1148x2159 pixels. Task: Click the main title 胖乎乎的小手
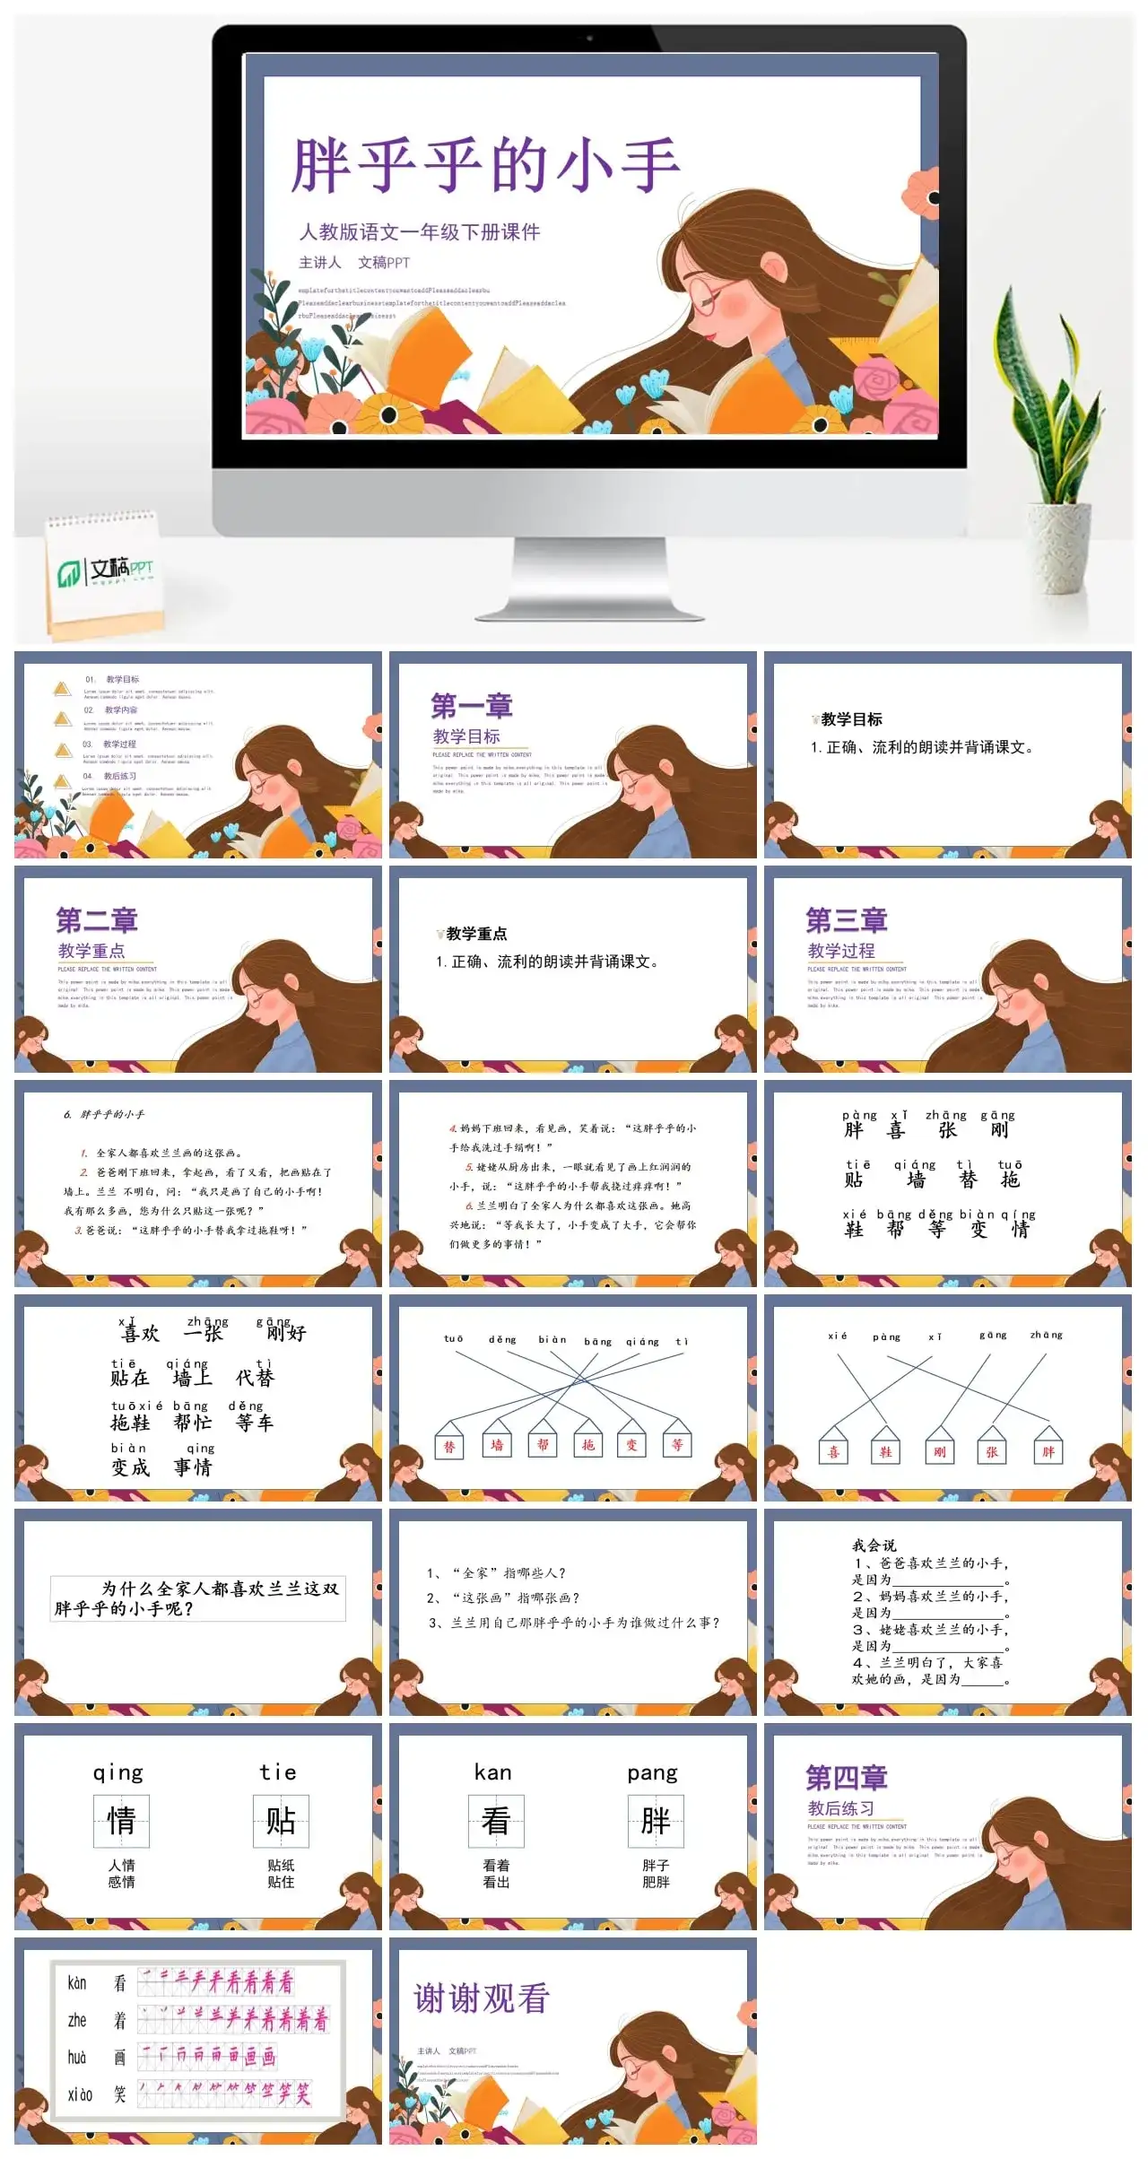point(485,166)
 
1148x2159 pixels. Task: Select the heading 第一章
point(472,706)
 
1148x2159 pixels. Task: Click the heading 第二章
point(97,920)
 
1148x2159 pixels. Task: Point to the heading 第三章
point(847,920)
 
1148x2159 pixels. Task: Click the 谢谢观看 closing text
point(481,1997)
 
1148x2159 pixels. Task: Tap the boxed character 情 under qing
point(121,1820)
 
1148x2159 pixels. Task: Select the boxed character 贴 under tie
point(281,1820)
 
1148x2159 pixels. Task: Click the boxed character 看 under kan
point(496,1820)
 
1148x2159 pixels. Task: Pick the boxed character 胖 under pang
point(656,1820)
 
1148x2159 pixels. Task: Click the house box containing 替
point(449,1445)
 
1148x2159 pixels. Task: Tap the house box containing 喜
point(834,1451)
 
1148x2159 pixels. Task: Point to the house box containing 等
point(677,1444)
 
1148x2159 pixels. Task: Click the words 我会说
point(874,1545)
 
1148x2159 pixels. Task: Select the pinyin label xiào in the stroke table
point(80,2094)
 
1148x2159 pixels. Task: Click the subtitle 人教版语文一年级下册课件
point(420,232)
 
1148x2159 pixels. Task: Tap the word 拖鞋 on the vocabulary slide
point(130,1423)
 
